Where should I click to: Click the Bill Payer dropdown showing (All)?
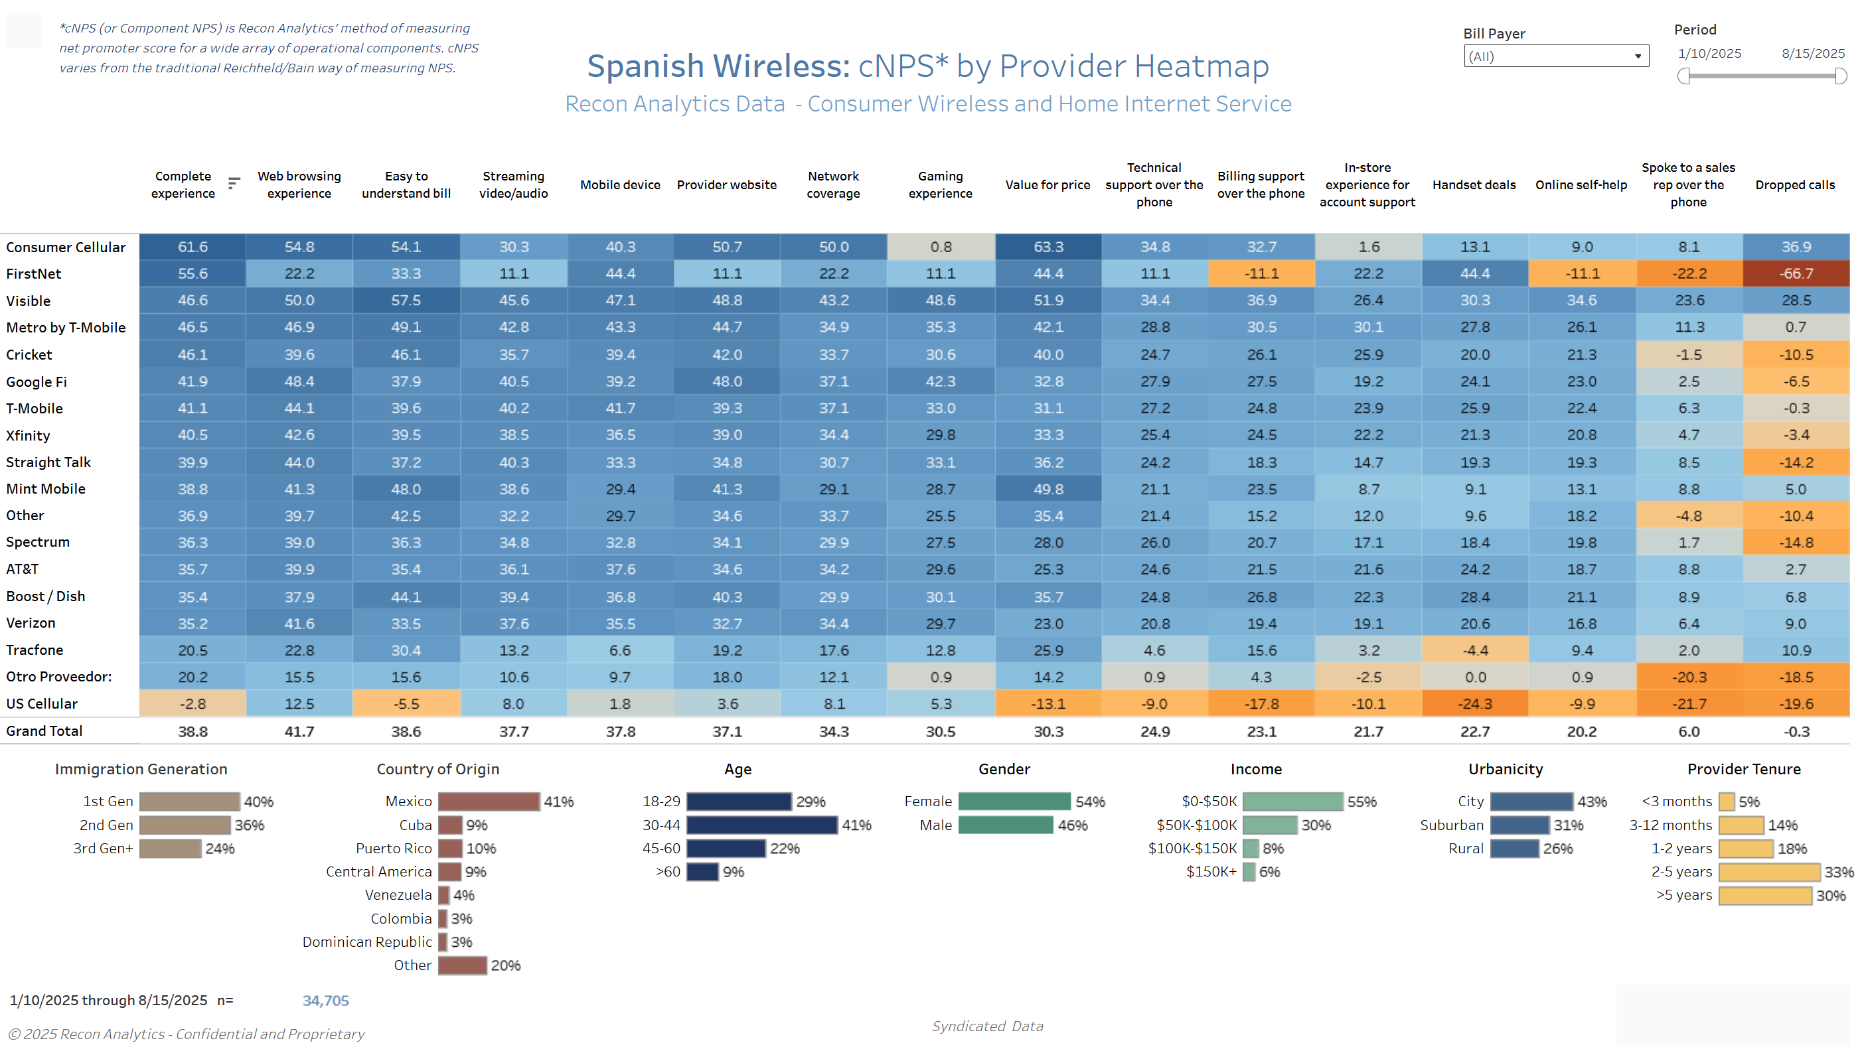pyautogui.click(x=1555, y=56)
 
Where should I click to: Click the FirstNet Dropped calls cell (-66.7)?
pyautogui.click(x=1796, y=274)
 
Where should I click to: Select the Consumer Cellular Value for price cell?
pyautogui.click(x=1048, y=247)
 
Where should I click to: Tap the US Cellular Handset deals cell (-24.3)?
pyautogui.click(x=1474, y=704)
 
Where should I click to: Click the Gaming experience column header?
pyautogui.click(x=940, y=184)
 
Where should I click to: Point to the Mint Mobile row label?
pyautogui.click(x=46, y=489)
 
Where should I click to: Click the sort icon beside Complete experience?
pyautogui.click(x=234, y=183)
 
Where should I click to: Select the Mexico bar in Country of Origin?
pyautogui.click(x=488, y=802)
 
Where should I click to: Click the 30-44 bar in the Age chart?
pyautogui.click(x=761, y=825)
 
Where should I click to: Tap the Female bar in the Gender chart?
pyautogui.click(x=1014, y=802)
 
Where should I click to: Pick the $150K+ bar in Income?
pyautogui.click(x=1249, y=872)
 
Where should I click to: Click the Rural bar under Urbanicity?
pyautogui.click(x=1514, y=849)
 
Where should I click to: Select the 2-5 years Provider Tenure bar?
pyautogui.click(x=1768, y=872)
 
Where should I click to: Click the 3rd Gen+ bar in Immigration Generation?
pyautogui.click(x=170, y=849)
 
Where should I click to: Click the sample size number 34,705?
pyautogui.click(x=325, y=1001)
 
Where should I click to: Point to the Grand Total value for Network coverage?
pyautogui.click(x=834, y=731)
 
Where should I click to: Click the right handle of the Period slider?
pyautogui.click(x=1841, y=76)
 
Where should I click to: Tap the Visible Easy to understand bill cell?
pyautogui.click(x=406, y=301)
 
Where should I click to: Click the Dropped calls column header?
pyautogui.click(x=1795, y=184)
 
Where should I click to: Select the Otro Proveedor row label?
pyautogui.click(x=58, y=677)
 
